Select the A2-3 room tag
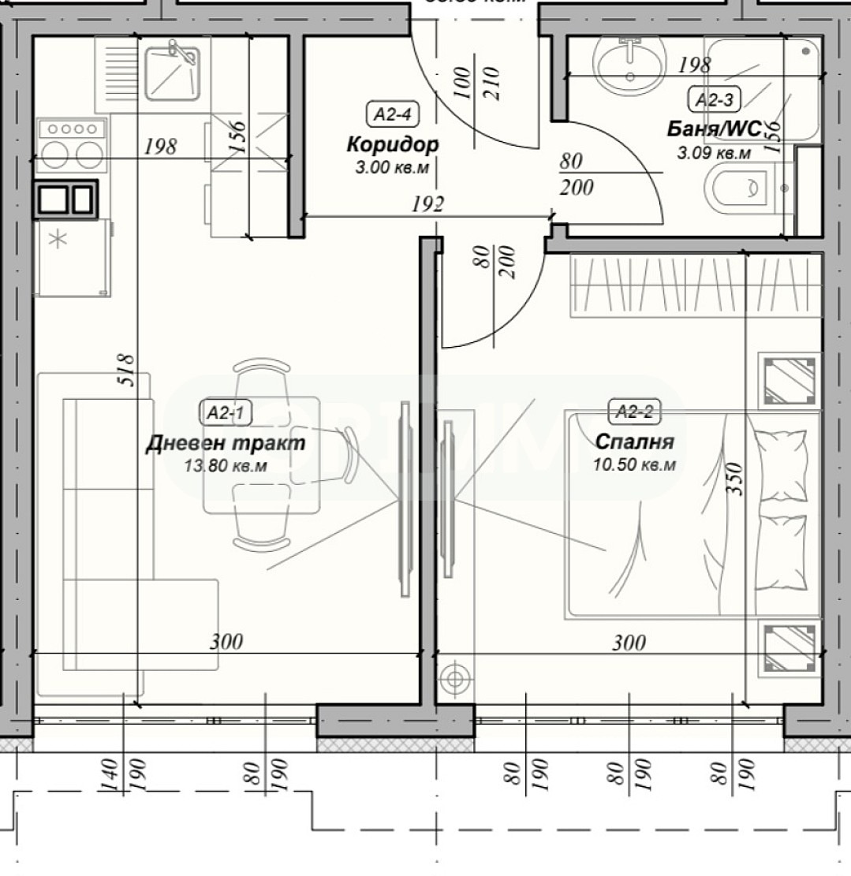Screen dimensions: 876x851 pyautogui.click(x=715, y=99)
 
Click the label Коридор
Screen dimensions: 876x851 pyautogui.click(x=392, y=145)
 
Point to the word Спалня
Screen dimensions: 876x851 pyautogui.click(x=635, y=442)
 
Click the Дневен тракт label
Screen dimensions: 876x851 pyautogui.click(x=226, y=443)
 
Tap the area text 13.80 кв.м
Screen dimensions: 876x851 pyautogui.click(x=226, y=466)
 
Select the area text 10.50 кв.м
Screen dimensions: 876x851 pyautogui.click(x=635, y=465)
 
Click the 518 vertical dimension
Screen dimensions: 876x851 pyautogui.click(x=127, y=369)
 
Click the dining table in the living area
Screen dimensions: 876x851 pyautogui.click(x=262, y=454)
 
